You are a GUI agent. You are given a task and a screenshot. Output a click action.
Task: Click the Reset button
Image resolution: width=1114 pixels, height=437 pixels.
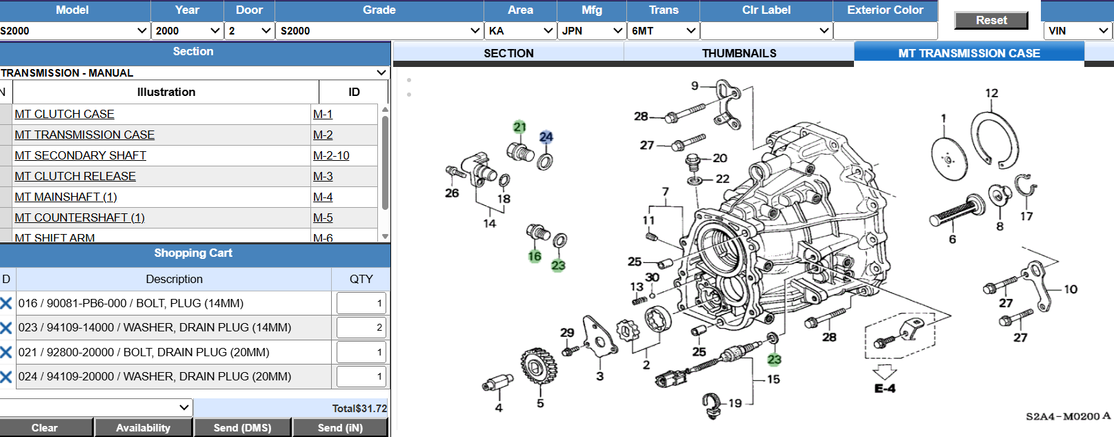pyautogui.click(x=991, y=21)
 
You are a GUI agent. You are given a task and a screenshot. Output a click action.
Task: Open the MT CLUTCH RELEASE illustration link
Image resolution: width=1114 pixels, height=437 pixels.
pyautogui.click(x=75, y=176)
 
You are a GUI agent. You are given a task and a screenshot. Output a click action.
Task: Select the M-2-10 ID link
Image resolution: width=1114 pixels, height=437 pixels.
pyautogui.click(x=331, y=156)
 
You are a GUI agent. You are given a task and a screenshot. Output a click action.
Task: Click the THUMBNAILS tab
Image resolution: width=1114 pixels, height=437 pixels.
pyautogui.click(x=739, y=53)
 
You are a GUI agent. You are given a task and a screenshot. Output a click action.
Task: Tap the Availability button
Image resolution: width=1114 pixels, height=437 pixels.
pyautogui.click(x=143, y=427)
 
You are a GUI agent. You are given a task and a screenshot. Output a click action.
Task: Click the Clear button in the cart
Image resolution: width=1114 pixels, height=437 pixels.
pyautogui.click(x=45, y=427)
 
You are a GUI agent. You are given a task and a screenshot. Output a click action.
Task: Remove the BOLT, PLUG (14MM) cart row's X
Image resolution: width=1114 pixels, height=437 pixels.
pyautogui.click(x=6, y=303)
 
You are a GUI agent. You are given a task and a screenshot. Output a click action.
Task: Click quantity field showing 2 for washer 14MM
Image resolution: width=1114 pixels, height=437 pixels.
pyautogui.click(x=361, y=327)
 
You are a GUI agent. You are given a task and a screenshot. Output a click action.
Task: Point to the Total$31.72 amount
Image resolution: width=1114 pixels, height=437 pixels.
pyautogui.click(x=359, y=409)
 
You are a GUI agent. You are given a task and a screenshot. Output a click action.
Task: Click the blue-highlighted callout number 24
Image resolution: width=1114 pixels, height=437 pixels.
pyautogui.click(x=546, y=137)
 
